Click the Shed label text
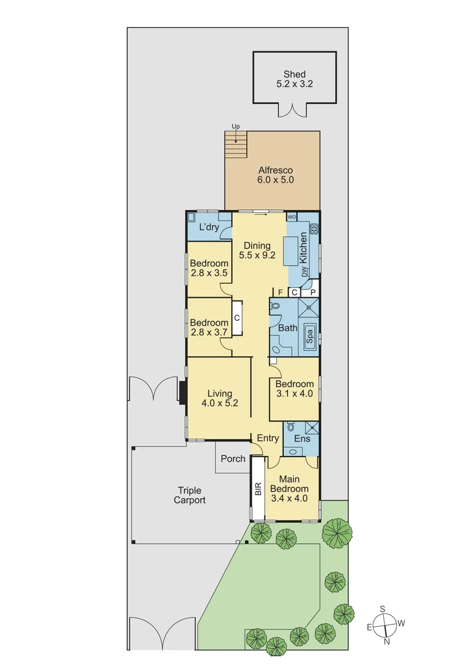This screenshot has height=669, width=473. pos(294,75)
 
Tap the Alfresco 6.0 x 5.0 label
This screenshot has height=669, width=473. pos(276,175)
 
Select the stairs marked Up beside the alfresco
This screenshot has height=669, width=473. pos(235,147)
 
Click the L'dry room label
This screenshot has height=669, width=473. pos(209,227)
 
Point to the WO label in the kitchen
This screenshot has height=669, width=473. pos(292,217)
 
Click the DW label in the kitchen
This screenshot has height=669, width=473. pos(304,272)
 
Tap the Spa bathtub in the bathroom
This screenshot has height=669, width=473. pos(309,337)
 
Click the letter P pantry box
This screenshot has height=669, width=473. pos(313,292)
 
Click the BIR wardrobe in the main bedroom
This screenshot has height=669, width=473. pos(258,490)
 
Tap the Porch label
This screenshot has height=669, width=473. pos(233,459)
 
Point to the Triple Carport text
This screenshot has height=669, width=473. pos(189,496)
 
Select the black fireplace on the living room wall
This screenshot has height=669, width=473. pos(183,392)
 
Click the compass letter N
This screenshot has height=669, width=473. pos(387,642)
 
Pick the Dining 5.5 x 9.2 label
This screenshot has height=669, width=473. pos(256,250)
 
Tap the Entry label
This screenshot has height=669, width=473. pos(267,438)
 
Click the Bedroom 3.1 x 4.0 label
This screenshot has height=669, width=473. pos(294,389)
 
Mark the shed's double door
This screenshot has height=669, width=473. pos(292,111)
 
